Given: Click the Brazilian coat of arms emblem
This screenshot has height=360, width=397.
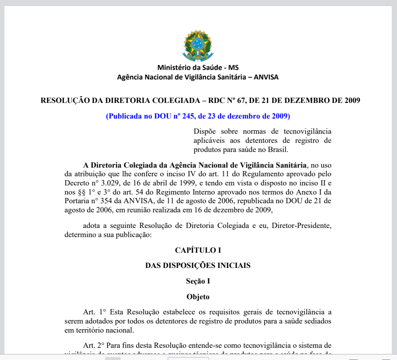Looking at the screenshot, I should (x=198, y=45).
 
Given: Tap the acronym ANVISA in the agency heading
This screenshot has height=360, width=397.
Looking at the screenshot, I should (x=266, y=77).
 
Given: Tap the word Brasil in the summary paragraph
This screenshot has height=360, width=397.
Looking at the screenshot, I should (x=279, y=149).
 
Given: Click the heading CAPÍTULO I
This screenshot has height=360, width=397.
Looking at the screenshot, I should (x=198, y=250).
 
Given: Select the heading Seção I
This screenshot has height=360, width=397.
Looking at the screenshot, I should (x=198, y=281).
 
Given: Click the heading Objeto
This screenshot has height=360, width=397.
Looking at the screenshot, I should (x=198, y=297).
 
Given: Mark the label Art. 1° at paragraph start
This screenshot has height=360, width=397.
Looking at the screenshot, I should (x=95, y=312).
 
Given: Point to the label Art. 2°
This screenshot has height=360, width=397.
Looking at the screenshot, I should (x=95, y=345).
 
